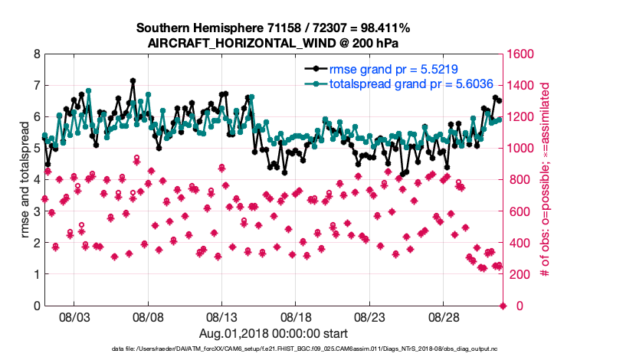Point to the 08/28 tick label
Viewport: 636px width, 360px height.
444,316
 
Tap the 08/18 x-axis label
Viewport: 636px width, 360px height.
296,316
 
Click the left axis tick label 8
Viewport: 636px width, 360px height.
36,54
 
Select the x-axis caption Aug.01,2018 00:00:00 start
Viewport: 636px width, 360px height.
274,333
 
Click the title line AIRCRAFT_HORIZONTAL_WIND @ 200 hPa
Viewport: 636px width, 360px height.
274,44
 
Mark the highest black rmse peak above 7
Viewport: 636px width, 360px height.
133,80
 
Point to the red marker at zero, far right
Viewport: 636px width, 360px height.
503,306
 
